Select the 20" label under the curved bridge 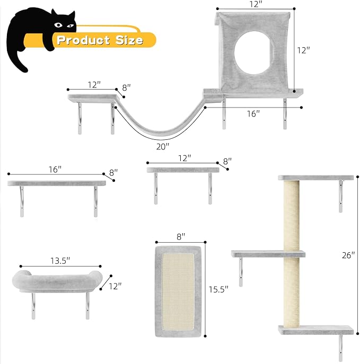pos(163,146)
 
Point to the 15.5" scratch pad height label pos(218,289)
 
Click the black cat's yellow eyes pos(64,24)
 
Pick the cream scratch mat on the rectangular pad pos(179,289)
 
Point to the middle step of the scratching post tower pos(269,254)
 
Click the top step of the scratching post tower pos(317,177)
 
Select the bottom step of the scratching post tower pos(315,330)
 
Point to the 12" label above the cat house pos(254,4)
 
